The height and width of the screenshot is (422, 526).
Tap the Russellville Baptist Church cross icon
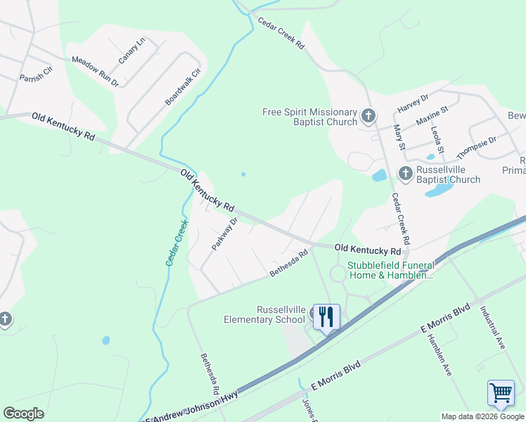point(405,172)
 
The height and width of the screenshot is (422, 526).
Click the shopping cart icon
point(500,392)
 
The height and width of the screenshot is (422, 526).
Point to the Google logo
point(23,414)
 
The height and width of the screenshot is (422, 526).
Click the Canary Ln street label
point(131,51)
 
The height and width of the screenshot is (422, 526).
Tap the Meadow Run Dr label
point(95,72)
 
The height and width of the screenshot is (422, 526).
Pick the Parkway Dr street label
point(225,234)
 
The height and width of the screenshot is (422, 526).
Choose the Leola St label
point(438,140)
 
